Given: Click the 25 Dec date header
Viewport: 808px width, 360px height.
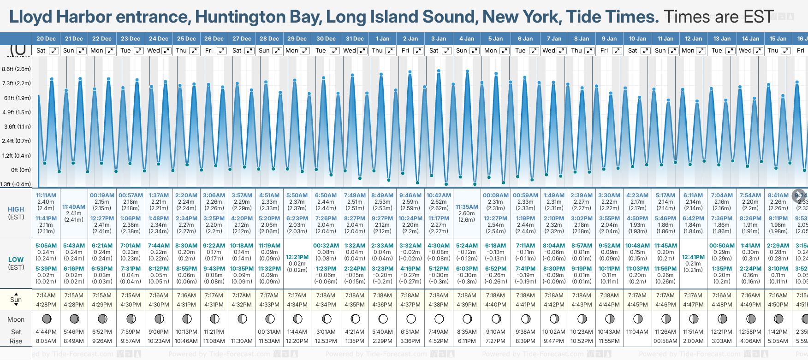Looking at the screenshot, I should [186, 39].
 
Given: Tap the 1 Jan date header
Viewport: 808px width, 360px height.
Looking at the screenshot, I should [382, 39].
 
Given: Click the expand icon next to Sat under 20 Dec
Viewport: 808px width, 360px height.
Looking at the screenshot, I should [54, 51].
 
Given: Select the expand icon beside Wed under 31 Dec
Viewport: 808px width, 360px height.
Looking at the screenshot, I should [362, 51].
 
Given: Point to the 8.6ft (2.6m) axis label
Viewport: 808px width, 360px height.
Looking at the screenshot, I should [17, 69].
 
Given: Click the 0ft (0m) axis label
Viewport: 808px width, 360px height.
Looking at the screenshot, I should [21, 170].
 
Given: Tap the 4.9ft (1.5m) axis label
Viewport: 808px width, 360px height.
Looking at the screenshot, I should [17, 112].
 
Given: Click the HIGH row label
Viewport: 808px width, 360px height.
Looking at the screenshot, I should [16, 209].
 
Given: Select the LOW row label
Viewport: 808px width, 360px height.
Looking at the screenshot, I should [16, 260].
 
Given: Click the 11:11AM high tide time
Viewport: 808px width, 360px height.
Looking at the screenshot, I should [46, 195].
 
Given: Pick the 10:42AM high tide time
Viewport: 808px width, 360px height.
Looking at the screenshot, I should [439, 195].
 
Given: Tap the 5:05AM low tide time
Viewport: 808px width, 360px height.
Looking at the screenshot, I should [46, 246].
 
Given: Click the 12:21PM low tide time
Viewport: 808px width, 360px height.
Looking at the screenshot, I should [297, 257].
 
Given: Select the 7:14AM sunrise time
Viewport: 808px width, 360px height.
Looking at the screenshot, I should [46, 295].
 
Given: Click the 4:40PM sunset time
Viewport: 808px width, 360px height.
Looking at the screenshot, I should [495, 305].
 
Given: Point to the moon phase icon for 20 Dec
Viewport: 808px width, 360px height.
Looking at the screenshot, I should [46, 319].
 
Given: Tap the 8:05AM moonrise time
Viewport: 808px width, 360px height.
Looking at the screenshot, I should [46, 341].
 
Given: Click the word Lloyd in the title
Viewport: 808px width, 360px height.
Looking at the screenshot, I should [30, 17].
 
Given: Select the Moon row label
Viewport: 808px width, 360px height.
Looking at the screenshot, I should [16, 319].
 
